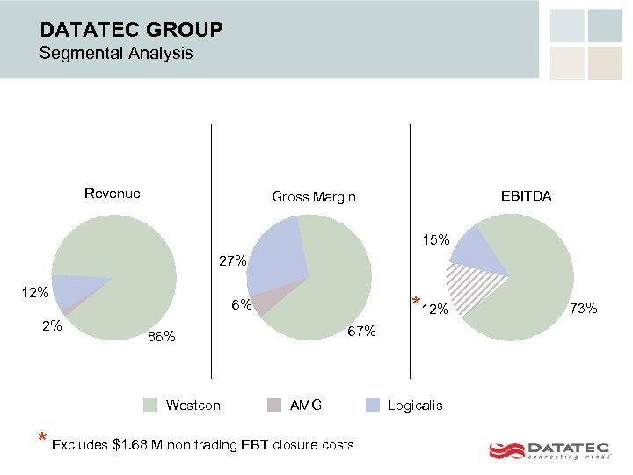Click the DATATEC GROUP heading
[131, 30]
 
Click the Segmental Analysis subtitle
[116, 54]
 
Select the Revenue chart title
[112, 194]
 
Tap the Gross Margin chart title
[314, 197]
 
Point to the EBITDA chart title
[526, 196]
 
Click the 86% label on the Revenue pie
[162, 337]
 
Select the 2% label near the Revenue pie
[52, 325]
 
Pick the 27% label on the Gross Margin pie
[232, 261]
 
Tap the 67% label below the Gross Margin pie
[361, 332]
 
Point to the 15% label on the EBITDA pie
[435, 239]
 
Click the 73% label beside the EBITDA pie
[584, 308]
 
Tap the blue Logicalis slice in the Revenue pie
[70, 290]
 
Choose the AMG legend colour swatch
[275, 405]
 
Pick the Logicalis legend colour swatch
[374, 405]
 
